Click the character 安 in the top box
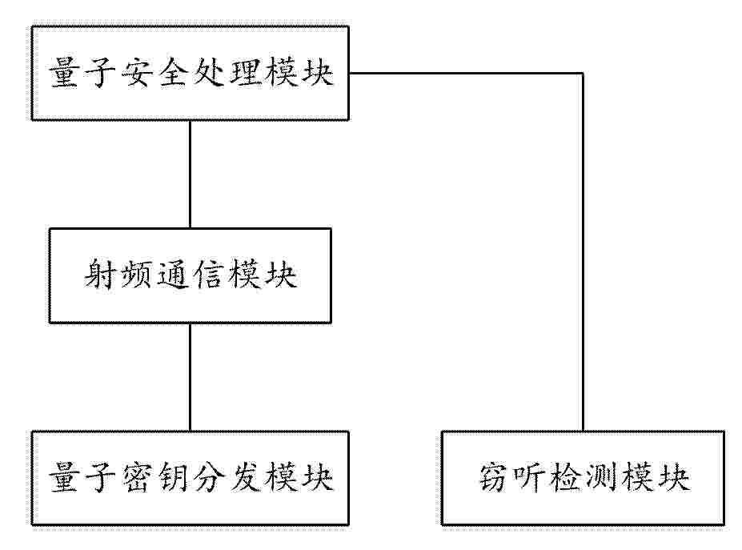(138, 74)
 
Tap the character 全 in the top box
(173, 74)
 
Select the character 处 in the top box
(209, 74)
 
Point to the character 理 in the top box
(244, 74)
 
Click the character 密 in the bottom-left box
(138, 478)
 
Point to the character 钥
(173, 478)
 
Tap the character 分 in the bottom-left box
(209, 478)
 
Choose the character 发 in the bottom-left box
(244, 478)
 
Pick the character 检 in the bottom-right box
(565, 478)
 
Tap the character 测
(601, 478)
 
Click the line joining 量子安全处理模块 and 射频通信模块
(191, 175)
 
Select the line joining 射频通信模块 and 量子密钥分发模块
(191, 377)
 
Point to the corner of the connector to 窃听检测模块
(583, 74)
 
